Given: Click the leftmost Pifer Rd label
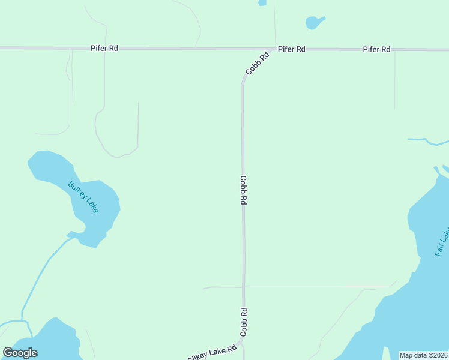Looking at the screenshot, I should tap(104, 47).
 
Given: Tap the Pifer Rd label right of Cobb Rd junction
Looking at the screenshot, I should tap(291, 49).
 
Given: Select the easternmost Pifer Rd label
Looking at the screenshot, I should tap(376, 49).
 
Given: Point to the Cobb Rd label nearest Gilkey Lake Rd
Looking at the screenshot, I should tap(244, 322).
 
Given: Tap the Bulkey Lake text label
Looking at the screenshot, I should tap(83, 197).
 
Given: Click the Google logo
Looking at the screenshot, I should tap(20, 353).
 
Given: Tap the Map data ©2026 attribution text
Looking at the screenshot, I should tap(423, 355).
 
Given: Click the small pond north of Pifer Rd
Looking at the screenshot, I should tap(313, 23).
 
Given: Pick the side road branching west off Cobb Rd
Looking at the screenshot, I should tap(222, 287).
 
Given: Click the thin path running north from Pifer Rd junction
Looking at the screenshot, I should tap(274, 24).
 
